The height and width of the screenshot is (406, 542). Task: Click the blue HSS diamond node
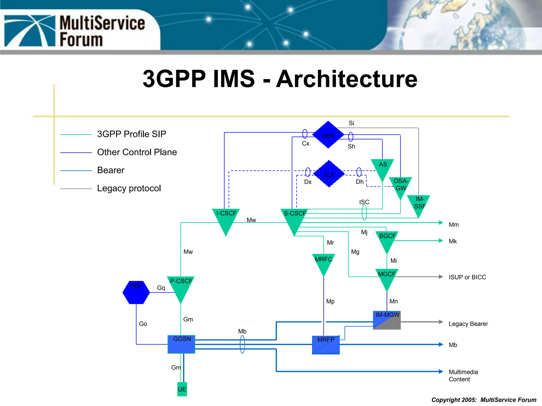coord(328,135)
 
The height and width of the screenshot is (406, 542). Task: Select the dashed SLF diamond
coord(329,174)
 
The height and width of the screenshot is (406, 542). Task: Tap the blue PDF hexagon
coord(136,292)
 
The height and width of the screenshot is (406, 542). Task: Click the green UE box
coord(182,389)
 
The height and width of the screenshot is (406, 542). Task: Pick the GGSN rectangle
coord(181,344)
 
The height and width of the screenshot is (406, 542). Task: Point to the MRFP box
coord(326,345)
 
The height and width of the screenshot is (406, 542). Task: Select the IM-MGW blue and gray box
coord(387,320)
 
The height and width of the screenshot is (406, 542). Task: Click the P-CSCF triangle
coord(181,287)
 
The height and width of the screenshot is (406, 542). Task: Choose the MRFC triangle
coord(323,263)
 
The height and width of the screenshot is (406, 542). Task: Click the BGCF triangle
coord(387,240)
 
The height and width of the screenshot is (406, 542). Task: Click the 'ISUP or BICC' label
coord(467,277)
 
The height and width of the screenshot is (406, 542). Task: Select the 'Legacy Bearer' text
coord(468,324)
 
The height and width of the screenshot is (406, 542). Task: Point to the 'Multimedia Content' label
coord(463,376)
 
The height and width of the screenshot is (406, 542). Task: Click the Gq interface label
coord(161,288)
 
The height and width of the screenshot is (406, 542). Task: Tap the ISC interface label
coord(364,202)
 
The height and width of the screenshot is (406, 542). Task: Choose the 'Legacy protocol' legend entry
coord(129,188)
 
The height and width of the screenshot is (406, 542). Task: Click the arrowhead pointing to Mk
coord(441,241)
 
